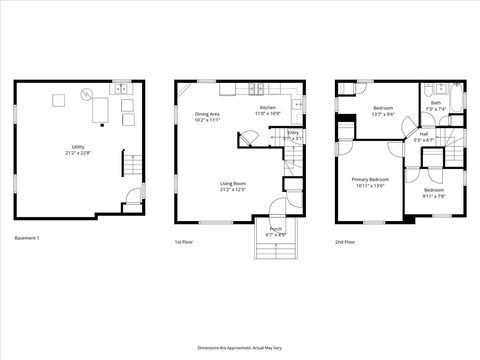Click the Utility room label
[x=78, y=150]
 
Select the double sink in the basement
[x=125, y=90]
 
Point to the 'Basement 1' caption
[x=27, y=238]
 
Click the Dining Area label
[x=208, y=116]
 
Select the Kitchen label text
[x=268, y=109]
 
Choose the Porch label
[x=276, y=231]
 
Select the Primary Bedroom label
[x=369, y=183]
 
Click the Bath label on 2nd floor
[x=436, y=105]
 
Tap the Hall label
[x=424, y=137]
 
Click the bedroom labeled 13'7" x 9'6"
[x=384, y=110]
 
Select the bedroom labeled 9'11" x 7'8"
[x=434, y=193]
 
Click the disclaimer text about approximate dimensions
[x=238, y=346]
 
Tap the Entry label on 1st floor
[x=293, y=135]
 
